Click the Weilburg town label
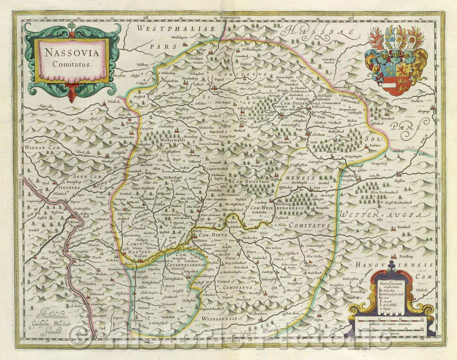point(282,205)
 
